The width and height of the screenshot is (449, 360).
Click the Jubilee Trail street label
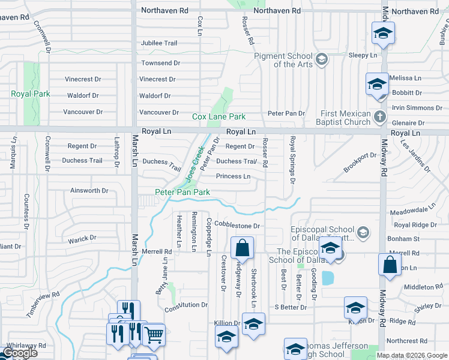coord(159,43)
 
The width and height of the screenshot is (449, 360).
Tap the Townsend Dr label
coord(160,63)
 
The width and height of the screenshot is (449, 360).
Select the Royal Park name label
coord(31,94)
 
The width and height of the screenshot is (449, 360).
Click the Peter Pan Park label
coord(182,192)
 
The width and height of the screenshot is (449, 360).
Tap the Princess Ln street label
coord(233,176)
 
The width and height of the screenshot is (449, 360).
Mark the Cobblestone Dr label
coord(237,226)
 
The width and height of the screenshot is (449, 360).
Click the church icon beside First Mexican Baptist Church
coord(379,116)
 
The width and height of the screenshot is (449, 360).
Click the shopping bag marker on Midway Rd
coord(390,265)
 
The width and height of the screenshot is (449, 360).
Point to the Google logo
coord(19,353)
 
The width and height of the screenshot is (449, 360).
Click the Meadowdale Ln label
coord(412,211)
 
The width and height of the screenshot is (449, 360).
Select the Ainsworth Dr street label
coord(89,191)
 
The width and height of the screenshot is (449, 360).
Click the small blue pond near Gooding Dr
coord(328,278)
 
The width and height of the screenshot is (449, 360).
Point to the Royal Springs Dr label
coord(293,160)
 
